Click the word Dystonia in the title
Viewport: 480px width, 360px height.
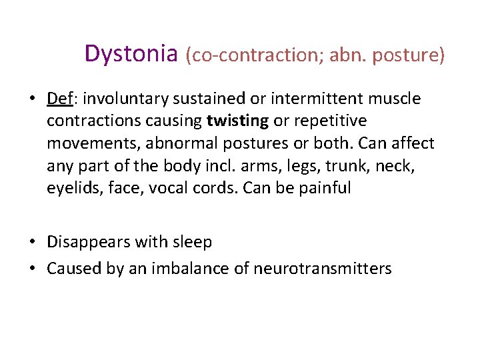[x=131, y=54]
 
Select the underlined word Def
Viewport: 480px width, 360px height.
[x=59, y=99]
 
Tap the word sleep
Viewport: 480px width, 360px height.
[x=193, y=242]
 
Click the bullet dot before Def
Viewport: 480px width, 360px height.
[x=32, y=99]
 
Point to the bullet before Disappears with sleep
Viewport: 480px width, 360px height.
[x=32, y=242]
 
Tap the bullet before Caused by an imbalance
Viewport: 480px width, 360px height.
[x=32, y=269]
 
